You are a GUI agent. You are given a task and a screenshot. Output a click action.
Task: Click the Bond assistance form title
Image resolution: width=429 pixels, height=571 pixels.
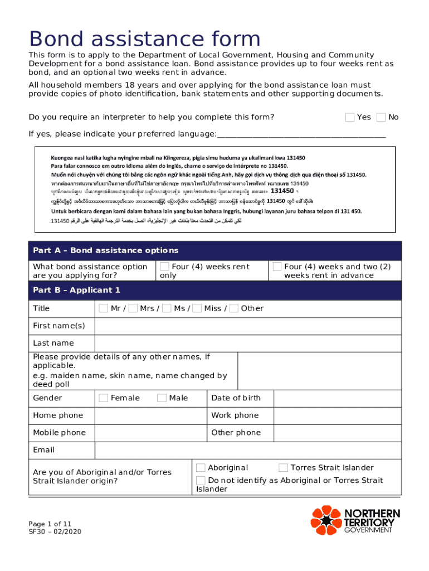click(x=145, y=39)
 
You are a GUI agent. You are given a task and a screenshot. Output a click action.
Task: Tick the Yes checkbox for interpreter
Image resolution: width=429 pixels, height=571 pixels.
click(x=350, y=117)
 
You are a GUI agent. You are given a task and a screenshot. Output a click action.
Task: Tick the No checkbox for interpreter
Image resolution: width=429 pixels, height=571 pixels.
click(x=381, y=117)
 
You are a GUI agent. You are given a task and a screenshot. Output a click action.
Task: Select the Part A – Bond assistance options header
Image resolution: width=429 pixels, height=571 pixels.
click(x=105, y=250)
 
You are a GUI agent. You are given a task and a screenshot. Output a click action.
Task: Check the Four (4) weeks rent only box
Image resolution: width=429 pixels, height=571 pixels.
click(x=164, y=267)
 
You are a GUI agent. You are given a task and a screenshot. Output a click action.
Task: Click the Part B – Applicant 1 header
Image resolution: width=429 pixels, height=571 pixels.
click(x=76, y=290)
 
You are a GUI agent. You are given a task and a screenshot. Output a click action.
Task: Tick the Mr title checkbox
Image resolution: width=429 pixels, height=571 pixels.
click(x=103, y=308)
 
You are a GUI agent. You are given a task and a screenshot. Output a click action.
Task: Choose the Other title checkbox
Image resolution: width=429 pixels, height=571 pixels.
click(x=234, y=308)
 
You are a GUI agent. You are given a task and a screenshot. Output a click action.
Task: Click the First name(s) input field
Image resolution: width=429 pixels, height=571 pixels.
click(x=247, y=326)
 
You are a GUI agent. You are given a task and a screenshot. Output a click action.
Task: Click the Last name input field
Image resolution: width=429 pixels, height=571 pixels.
click(x=247, y=343)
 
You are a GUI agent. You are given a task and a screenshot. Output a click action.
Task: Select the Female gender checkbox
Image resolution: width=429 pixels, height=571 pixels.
click(x=103, y=398)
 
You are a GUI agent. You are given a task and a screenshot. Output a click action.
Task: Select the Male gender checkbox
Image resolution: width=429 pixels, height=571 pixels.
click(x=162, y=398)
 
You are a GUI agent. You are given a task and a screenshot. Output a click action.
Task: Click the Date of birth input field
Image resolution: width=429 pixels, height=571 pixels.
click(x=337, y=398)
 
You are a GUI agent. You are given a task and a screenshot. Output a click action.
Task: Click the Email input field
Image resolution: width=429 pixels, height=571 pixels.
click(x=247, y=450)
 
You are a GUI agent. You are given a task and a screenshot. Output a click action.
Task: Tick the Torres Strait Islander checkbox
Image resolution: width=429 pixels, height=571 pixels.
click(x=283, y=468)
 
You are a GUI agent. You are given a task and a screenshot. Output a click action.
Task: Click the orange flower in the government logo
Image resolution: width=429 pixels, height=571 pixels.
click(x=325, y=520)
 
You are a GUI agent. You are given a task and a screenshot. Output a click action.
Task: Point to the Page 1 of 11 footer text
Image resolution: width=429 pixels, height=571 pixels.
click(x=50, y=524)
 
